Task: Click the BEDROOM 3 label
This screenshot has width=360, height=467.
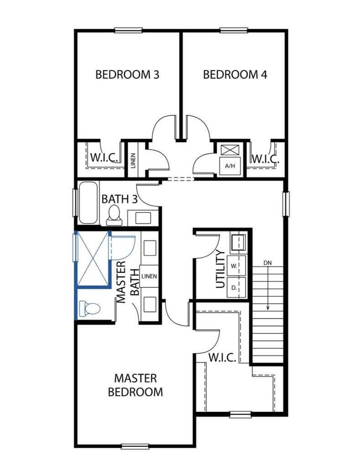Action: pos(127,74)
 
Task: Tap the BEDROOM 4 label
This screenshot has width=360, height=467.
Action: pos(235,74)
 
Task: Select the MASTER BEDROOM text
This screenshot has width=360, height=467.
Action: pos(135,385)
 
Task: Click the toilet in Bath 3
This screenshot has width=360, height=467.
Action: pos(114,215)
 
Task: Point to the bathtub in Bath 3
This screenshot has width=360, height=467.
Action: pos(88,203)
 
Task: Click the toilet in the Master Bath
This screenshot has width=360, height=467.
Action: pos(89,309)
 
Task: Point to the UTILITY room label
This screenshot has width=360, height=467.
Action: pos(220,269)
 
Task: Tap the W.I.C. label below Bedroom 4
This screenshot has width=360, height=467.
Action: pos(265,159)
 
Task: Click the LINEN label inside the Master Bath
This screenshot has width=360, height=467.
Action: pos(149,276)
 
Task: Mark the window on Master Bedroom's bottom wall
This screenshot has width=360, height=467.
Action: pos(135,446)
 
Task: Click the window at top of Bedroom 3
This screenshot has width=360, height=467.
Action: pos(128,31)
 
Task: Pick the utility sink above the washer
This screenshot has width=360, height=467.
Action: pos(238,243)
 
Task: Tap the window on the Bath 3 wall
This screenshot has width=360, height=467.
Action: pos(75,202)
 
